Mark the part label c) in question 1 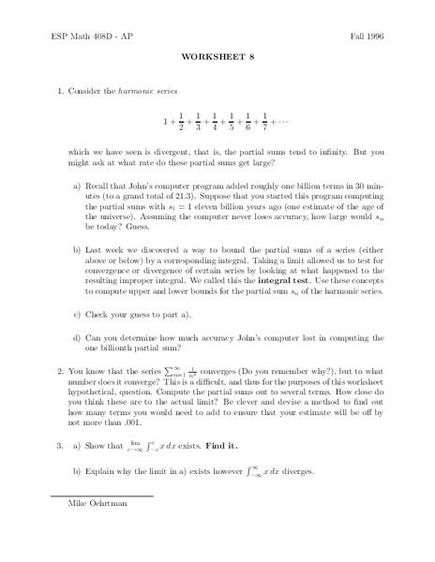coord(79,314)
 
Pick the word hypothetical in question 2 coord(98,397)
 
